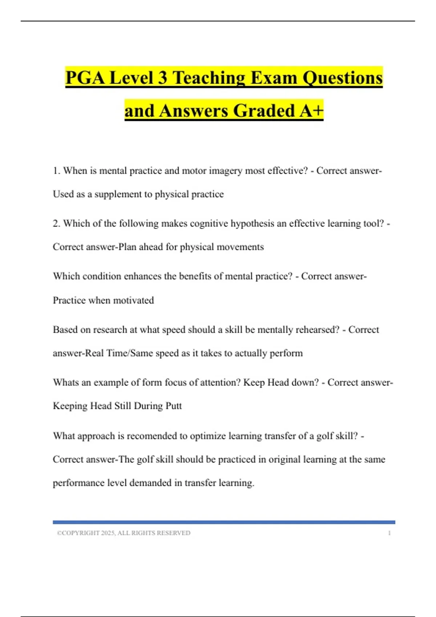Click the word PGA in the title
tap(86, 78)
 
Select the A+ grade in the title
tap(311, 111)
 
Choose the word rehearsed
tap(317, 330)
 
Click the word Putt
tap(174, 406)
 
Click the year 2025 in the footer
tap(108, 533)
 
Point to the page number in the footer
tap(389, 533)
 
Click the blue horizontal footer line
tap(224, 522)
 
